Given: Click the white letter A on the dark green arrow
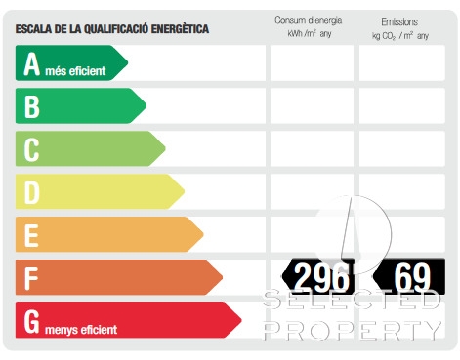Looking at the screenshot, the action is pos(32,63).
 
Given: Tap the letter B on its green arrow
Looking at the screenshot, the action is pos(32,106).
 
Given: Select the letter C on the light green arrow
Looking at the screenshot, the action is pos(31,149).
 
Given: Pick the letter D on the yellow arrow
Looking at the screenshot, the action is pos(32,192).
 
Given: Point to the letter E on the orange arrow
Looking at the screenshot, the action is pos(31,235).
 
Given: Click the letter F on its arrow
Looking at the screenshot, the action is pos(31,278).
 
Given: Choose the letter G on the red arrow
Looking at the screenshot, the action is pos(32,321).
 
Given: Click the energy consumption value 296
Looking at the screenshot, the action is pos(321,277).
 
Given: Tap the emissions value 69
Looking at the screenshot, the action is pos(412,277).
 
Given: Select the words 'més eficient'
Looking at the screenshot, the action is pos(75,71).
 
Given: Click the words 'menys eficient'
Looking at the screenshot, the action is pos(81,330).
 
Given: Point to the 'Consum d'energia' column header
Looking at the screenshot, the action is pos(309,20).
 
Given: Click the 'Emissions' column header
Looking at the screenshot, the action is pos(399,22).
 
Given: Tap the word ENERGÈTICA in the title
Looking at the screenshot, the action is pos(180,29).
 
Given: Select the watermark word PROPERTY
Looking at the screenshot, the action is pos(353,331).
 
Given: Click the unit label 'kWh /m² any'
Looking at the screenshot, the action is pos(310,33).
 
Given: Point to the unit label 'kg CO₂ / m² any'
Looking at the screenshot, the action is pos(400,36).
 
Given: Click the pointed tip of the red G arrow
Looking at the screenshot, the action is pos(241,320).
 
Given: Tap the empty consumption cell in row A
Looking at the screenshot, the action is pos(312,63).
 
